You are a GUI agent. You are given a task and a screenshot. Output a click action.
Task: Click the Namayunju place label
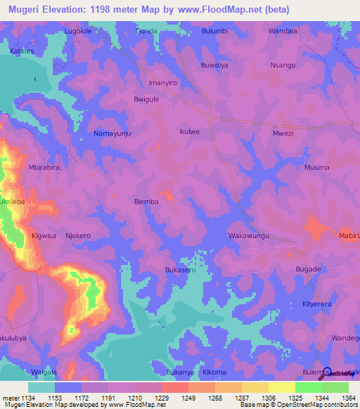112,132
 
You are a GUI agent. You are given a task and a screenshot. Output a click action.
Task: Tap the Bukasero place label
180,270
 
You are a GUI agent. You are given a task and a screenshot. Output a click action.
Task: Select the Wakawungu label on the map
250,236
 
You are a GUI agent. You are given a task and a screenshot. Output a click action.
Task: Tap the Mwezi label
282,132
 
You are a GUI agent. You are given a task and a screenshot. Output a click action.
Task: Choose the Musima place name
316,168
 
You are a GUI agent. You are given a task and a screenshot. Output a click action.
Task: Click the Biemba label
146,202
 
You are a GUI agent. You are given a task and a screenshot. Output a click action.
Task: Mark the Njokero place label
78,236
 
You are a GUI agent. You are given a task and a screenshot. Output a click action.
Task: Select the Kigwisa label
44,236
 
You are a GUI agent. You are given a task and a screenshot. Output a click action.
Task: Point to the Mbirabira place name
44,168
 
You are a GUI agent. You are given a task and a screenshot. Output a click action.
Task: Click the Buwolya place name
215,65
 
